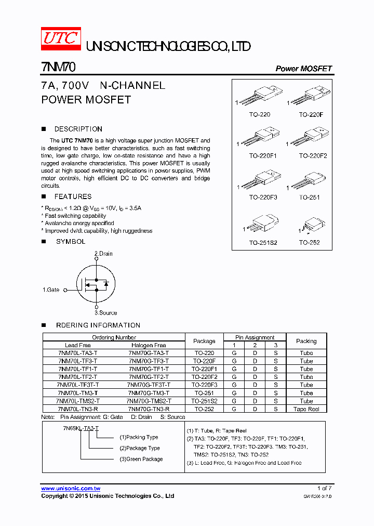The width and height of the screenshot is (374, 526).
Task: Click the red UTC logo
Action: click(x=61, y=40)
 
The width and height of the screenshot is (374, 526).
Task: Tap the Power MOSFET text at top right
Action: click(x=303, y=69)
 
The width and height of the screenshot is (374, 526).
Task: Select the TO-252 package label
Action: click(x=309, y=242)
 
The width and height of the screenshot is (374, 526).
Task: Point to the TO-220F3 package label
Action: click(x=263, y=198)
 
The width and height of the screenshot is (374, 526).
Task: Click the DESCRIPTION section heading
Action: click(x=78, y=129)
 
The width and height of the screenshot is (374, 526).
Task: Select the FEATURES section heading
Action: click(x=73, y=196)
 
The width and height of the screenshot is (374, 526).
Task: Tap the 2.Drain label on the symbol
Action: click(x=103, y=254)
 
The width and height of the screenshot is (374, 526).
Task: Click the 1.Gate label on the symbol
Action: click(x=51, y=290)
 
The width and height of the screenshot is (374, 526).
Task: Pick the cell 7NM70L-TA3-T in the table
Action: click(x=78, y=353)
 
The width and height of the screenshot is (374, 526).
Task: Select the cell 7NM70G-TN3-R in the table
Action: click(x=149, y=409)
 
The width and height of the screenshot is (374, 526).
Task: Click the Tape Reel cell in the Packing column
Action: click(x=306, y=409)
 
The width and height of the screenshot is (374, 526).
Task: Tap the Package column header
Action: click(x=204, y=341)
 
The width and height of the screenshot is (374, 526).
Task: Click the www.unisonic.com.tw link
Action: click(x=71, y=489)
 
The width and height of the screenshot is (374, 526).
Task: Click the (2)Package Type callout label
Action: click(x=139, y=448)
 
